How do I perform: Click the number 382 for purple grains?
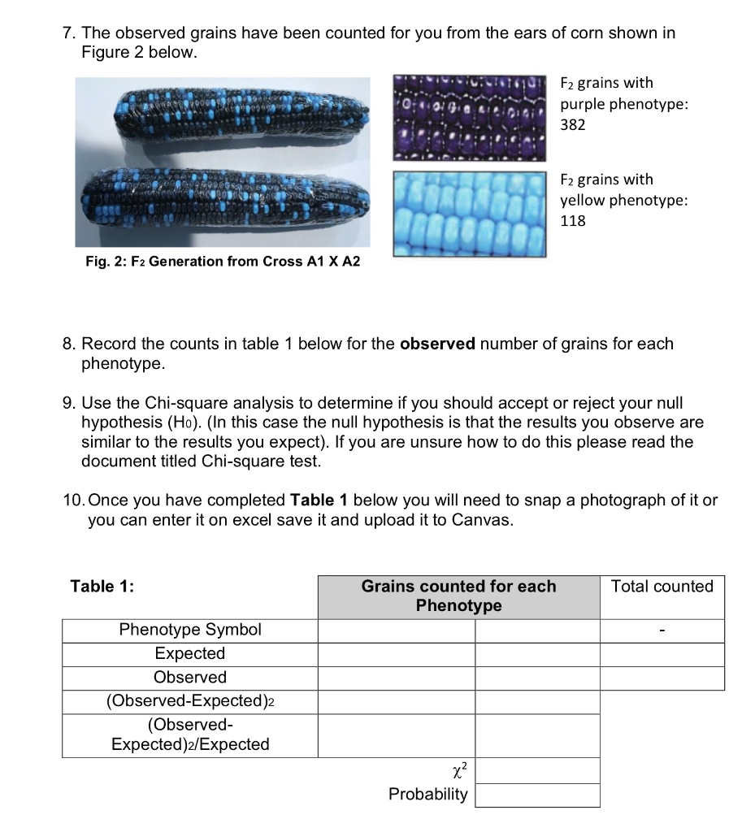[573, 125]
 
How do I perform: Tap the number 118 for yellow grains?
[573, 220]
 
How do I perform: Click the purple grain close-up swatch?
[469, 115]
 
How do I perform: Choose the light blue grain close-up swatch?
[469, 214]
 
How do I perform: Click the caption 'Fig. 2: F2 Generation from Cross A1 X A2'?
[222, 261]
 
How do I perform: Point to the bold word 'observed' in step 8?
[437, 344]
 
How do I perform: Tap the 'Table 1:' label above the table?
[102, 587]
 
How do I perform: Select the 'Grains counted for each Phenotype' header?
[458, 596]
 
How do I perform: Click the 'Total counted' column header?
[662, 587]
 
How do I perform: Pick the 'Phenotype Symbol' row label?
[190, 630]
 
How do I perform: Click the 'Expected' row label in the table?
[190, 653]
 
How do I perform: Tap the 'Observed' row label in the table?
[190, 677]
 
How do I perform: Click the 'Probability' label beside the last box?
[428, 794]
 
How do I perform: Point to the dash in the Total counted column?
[662, 630]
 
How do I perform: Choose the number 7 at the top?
[67, 33]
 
